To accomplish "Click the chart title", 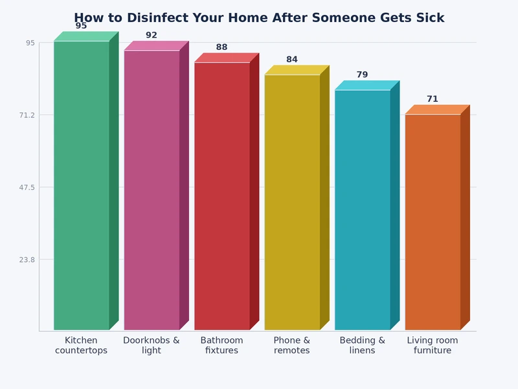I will [x=259, y=18].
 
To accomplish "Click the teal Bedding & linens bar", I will [x=363, y=210].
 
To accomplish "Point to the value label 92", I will [x=152, y=36].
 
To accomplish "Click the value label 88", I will [x=222, y=47].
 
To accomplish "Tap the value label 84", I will [x=292, y=60].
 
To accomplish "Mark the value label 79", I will [x=363, y=75].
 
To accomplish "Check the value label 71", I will [x=433, y=99].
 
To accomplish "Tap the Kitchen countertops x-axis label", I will [x=82, y=346].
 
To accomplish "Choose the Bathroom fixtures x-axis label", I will [x=222, y=346].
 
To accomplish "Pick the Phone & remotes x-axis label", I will [x=292, y=346].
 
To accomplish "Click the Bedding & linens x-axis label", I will [x=363, y=346].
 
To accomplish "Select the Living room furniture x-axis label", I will [x=433, y=346].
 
